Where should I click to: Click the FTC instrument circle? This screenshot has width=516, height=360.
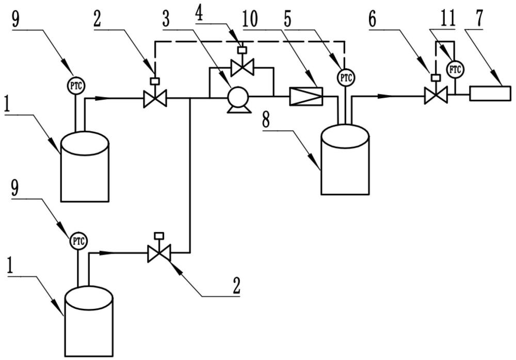click(x=455, y=70)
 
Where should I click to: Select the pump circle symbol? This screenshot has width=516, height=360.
click(x=238, y=96)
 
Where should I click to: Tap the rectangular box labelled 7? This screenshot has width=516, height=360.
click(x=490, y=93)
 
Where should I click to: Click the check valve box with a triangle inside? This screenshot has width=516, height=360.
click(x=305, y=96)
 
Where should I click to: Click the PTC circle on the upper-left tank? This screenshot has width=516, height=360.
click(x=76, y=85)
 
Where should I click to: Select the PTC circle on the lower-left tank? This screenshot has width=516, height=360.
click(x=78, y=241)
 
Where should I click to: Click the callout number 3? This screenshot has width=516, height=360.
click(x=166, y=19)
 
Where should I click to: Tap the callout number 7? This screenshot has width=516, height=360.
click(x=479, y=19)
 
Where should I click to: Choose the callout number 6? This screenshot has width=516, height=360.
click(x=372, y=20)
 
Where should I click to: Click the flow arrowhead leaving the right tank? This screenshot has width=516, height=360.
click(x=385, y=96)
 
